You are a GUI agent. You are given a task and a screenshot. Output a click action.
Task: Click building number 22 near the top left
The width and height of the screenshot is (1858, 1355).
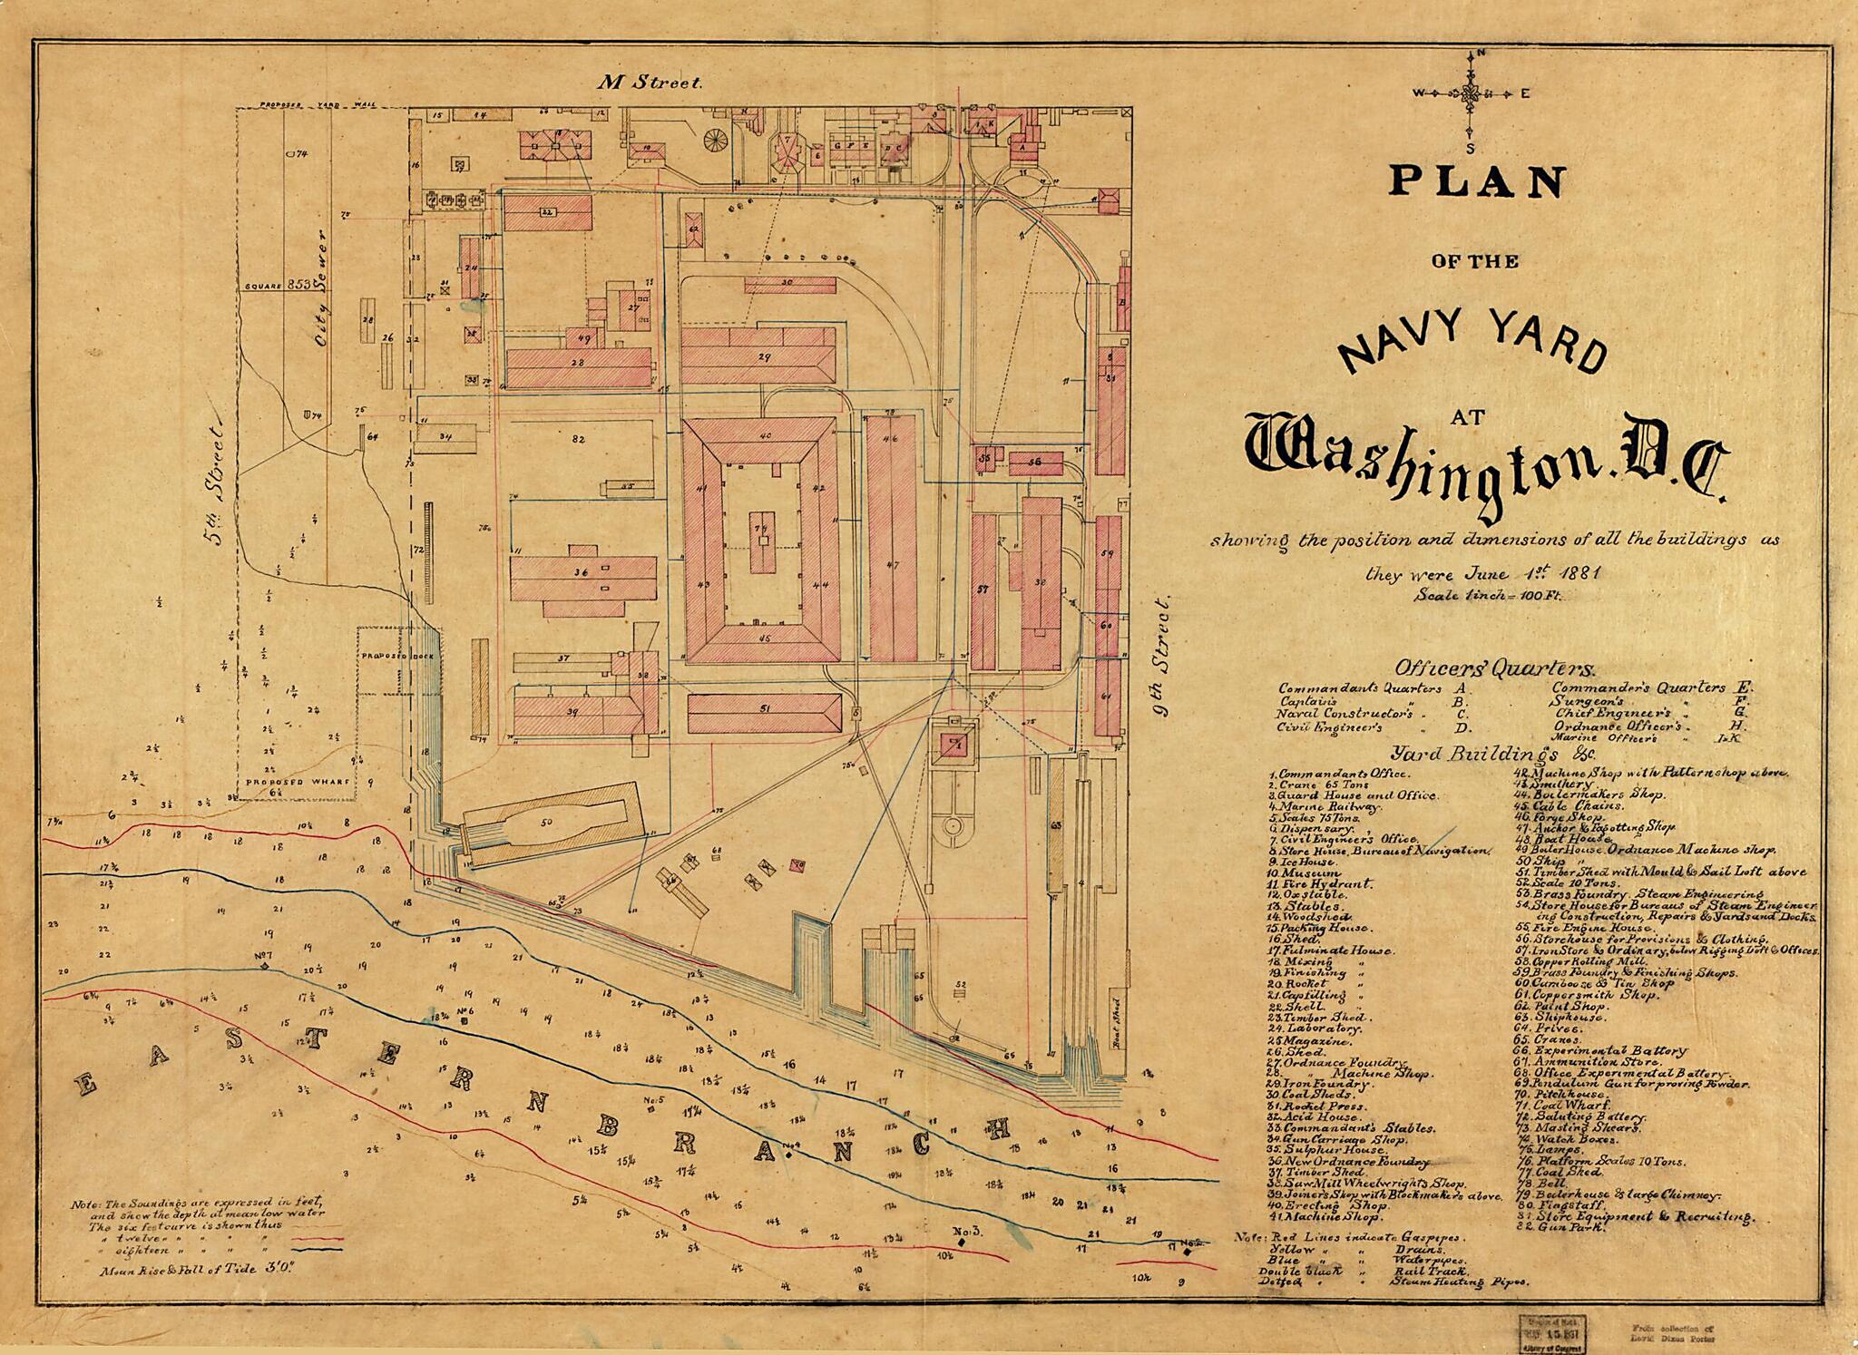[547, 213]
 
